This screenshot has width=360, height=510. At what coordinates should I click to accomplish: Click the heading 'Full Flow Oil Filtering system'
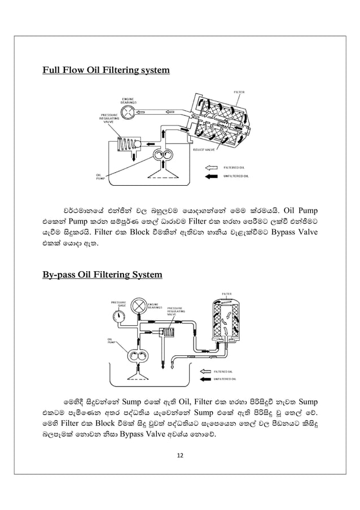click(106, 71)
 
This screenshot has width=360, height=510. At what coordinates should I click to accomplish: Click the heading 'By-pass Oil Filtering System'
click(102, 275)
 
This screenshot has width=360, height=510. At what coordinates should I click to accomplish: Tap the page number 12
click(180, 456)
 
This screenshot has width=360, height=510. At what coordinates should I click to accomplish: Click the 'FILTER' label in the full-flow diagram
click(239, 91)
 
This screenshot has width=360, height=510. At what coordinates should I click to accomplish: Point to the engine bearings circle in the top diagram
click(128, 112)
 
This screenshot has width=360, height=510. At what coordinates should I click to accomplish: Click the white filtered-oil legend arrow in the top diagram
click(210, 168)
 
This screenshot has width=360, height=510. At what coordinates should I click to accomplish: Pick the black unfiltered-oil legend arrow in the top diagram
click(210, 177)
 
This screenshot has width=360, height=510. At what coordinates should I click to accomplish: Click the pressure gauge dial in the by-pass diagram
click(120, 316)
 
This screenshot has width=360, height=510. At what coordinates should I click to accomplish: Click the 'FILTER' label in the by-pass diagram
click(226, 294)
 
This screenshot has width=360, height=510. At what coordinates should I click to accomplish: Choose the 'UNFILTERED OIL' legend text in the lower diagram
click(227, 379)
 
